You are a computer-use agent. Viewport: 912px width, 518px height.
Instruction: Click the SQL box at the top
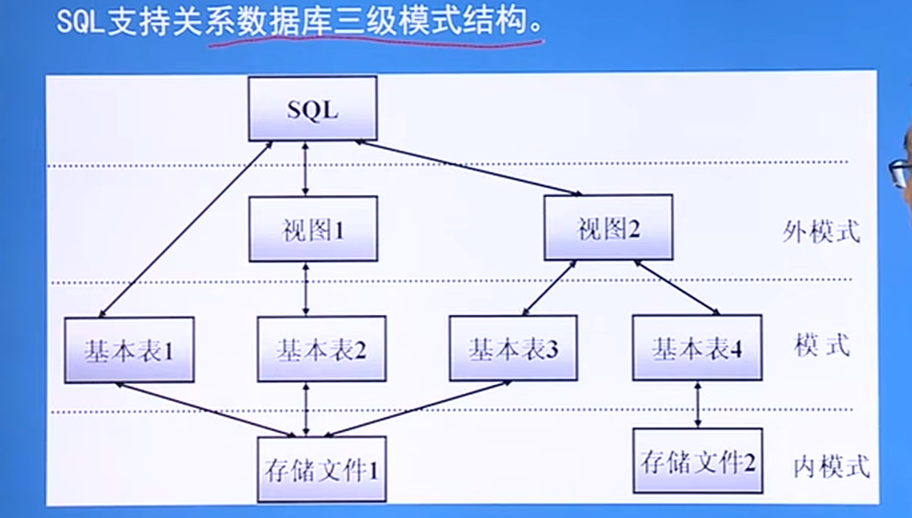pos(312,108)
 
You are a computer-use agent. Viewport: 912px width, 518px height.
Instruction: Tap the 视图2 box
pos(608,229)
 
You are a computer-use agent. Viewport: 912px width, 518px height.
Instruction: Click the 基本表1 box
pos(129,349)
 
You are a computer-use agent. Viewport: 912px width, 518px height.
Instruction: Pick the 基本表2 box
pos(321,349)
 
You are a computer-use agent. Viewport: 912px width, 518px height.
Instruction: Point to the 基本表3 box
pos(514,349)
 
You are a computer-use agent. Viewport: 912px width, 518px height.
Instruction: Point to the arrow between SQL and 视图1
pos(306,169)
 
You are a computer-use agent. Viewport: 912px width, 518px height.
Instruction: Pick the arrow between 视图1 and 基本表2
pos(306,289)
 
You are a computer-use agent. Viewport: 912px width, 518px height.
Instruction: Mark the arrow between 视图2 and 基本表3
pos(549,287)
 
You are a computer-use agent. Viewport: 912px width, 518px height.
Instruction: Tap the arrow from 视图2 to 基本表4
pos(676,287)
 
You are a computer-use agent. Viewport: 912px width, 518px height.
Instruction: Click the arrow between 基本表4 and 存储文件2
pos(698,404)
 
